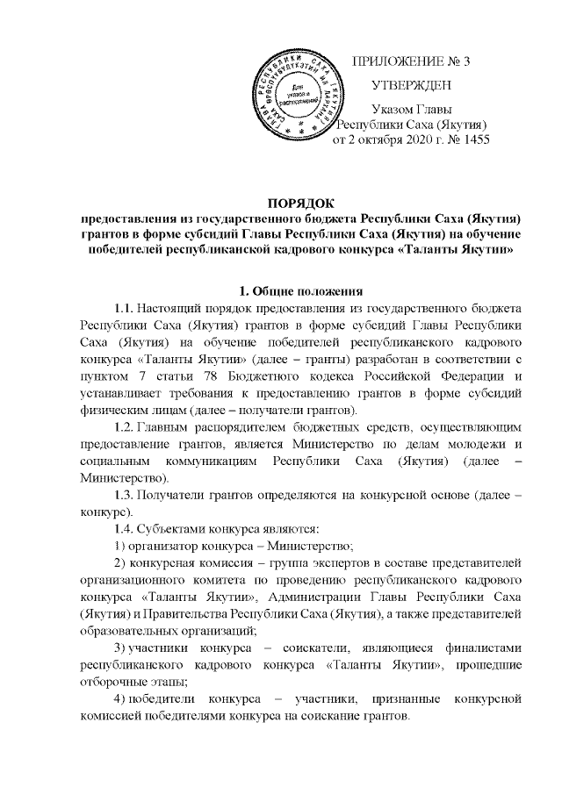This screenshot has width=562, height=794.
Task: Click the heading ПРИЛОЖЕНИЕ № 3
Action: coord(411,61)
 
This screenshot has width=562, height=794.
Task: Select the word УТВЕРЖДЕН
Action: coord(412,86)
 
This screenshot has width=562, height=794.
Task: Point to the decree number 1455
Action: coord(473,139)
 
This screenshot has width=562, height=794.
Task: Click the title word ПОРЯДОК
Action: coord(302,204)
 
